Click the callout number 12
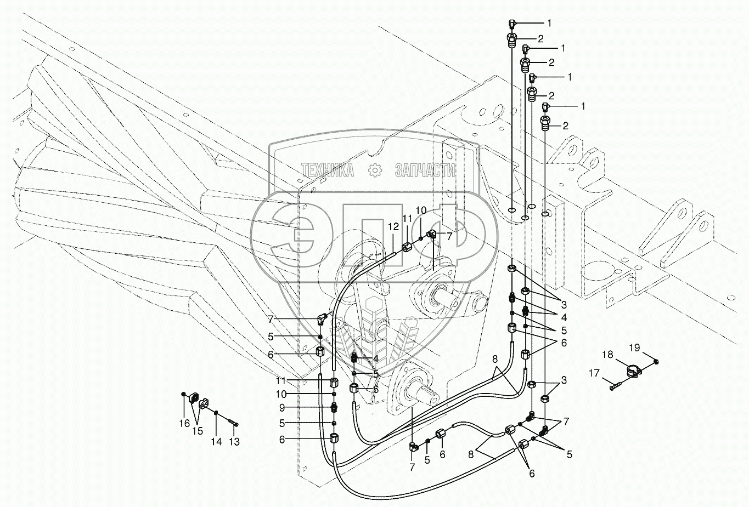393,226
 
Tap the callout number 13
234,442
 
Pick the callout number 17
595,374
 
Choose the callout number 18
607,355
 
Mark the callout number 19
634,347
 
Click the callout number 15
197,431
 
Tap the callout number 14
217,441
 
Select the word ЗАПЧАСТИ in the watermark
425,170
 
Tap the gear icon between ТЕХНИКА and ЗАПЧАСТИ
375,170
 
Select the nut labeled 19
657,361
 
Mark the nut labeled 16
183,395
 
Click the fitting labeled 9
334,408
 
